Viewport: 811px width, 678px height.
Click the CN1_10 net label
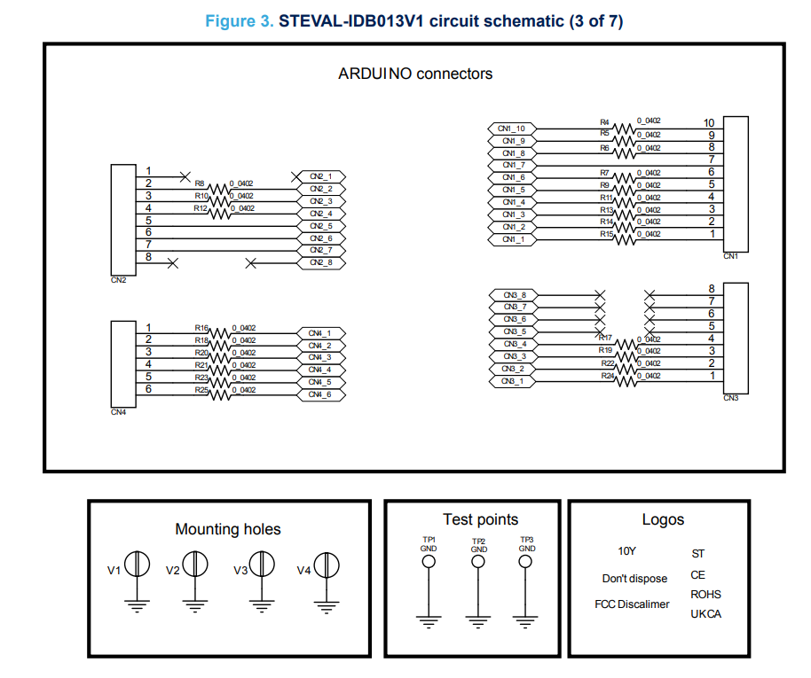click(x=512, y=129)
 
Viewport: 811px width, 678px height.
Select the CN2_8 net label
click(x=321, y=263)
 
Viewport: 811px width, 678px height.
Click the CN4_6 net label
click(x=319, y=394)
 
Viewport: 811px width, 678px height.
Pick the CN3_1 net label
click(x=513, y=382)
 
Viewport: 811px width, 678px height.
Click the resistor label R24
click(x=607, y=376)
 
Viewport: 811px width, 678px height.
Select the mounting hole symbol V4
click(x=327, y=565)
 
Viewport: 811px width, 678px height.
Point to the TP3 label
click(x=527, y=539)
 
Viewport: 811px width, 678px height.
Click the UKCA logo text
click(x=705, y=614)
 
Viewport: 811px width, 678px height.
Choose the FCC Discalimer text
click(x=632, y=604)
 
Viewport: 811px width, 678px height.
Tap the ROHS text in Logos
click(x=705, y=595)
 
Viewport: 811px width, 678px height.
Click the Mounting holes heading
click(x=227, y=530)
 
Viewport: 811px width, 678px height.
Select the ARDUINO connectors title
click(x=415, y=74)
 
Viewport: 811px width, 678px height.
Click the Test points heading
click(x=480, y=519)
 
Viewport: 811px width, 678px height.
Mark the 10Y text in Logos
click(x=626, y=551)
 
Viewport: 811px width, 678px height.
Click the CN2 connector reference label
click(x=118, y=281)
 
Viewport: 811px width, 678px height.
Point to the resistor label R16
click(x=201, y=328)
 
